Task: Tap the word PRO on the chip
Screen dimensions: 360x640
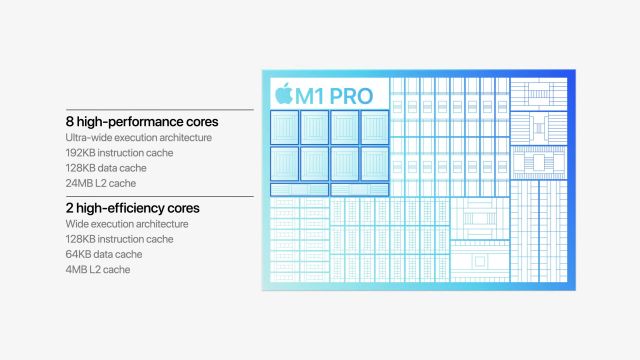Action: tap(349, 95)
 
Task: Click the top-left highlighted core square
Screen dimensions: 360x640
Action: tap(285, 126)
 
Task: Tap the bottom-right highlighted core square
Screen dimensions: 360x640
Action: tap(374, 163)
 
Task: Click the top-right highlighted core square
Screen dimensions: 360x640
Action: tap(374, 126)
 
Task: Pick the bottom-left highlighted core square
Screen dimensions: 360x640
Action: tap(285, 163)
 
